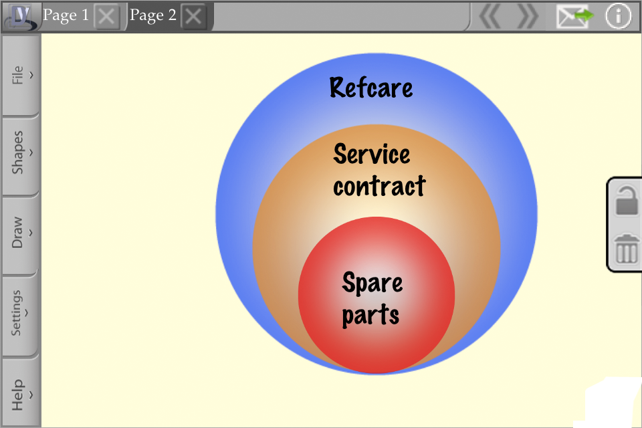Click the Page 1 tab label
click(66, 15)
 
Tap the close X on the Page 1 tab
click(107, 17)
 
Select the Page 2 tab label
click(152, 15)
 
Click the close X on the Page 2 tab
click(193, 17)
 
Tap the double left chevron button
click(490, 16)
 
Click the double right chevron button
click(528, 16)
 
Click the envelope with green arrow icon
click(574, 16)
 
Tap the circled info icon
click(618, 16)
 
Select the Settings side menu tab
click(20, 313)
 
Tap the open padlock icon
click(627, 201)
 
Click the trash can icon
click(627, 249)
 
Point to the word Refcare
click(371, 88)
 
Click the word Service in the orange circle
click(372, 154)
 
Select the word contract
click(380, 186)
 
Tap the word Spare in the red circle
click(372, 283)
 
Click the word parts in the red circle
click(370, 316)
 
